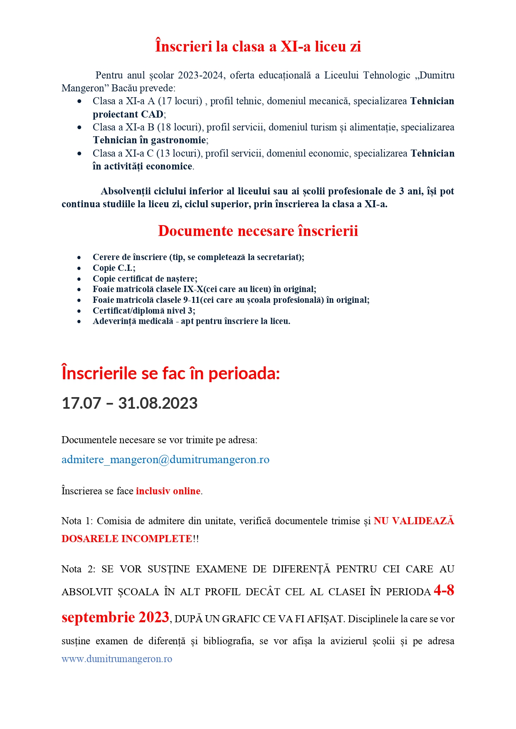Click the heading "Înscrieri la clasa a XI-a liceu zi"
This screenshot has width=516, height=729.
258,46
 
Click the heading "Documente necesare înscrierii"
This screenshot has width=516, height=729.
258,231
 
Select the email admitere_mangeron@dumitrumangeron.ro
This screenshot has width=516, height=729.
165,460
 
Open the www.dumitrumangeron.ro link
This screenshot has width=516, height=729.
117,659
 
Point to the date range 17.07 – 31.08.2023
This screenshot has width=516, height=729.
129,403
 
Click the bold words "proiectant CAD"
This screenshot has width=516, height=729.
128,114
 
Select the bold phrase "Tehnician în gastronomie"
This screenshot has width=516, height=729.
149,140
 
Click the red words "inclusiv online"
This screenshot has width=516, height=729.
168,491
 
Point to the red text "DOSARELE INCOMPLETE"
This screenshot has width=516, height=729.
126,539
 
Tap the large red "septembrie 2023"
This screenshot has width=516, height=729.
115,618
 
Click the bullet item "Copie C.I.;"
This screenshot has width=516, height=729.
114,268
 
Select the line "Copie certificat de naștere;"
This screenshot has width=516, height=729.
145,279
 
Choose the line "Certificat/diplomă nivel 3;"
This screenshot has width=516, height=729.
144,311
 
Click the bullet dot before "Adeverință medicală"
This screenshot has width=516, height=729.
79,322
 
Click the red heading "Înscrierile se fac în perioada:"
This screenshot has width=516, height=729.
170,373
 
